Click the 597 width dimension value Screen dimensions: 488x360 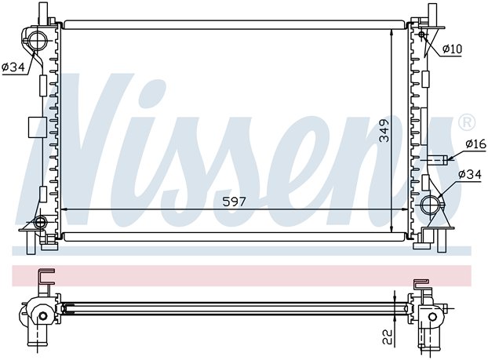pos(234,202)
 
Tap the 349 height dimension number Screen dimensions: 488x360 pos(384,131)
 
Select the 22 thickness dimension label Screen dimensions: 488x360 pos(388,336)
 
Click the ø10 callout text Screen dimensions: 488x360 pos(453,49)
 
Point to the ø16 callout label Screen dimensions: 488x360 pos(476,144)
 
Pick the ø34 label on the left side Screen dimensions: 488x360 pos(13,67)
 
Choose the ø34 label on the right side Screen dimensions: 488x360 pos(470,174)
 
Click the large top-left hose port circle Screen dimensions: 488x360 pos(38,40)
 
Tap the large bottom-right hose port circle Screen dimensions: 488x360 pos(430,205)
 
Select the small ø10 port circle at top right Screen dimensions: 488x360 pos(422,35)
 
